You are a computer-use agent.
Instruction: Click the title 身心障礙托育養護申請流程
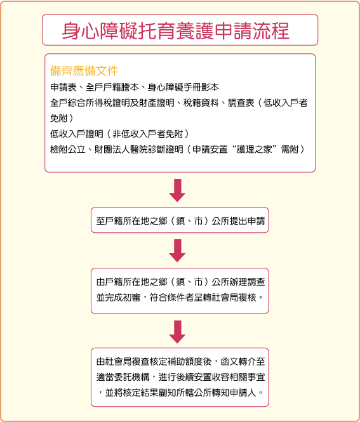[176, 30]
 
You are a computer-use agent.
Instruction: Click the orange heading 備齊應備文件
[84, 71]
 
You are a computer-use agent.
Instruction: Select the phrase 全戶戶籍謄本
[112, 87]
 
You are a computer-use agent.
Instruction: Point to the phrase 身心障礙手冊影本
[183, 87]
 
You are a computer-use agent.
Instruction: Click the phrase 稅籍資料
[201, 103]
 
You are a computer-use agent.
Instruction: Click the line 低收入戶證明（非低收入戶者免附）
[120, 134]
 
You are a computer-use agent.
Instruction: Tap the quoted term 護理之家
[255, 149]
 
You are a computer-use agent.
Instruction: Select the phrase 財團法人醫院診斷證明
[138, 149]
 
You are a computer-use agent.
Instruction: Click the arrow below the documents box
[177, 190]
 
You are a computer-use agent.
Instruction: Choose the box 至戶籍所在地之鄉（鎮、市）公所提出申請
[180, 220]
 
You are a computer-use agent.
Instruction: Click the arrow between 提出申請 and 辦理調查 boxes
[177, 251]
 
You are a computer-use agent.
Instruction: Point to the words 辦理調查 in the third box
[247, 282]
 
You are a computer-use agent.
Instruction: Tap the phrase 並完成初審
[119, 298]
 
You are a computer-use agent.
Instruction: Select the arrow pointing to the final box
[177, 332]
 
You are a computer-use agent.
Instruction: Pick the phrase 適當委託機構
[123, 377]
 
